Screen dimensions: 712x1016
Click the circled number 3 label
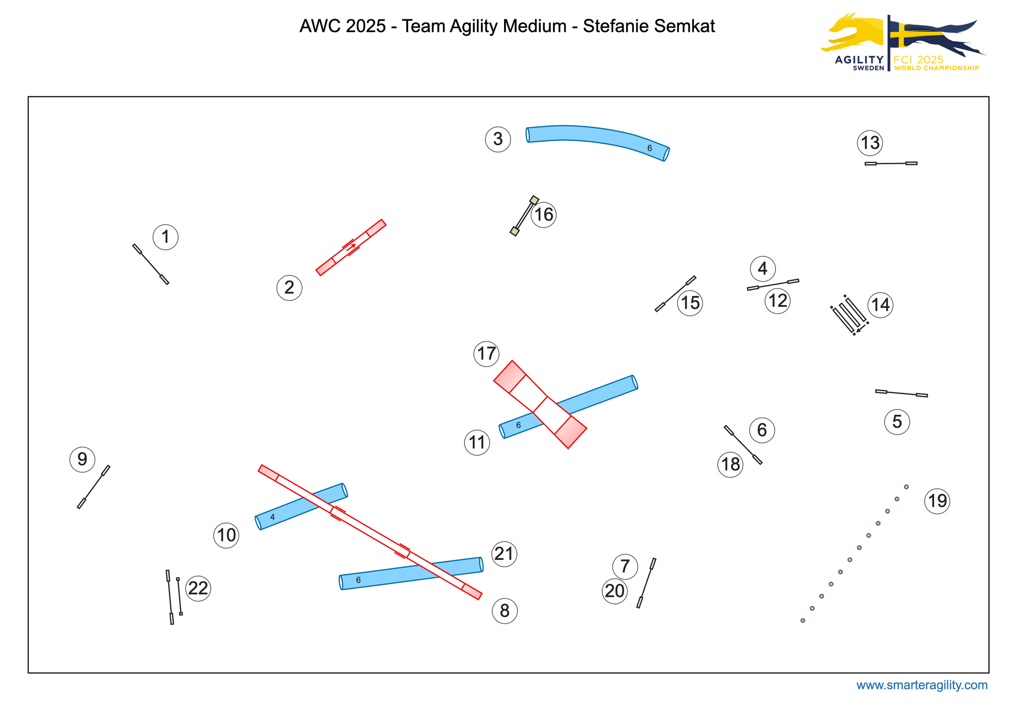click(x=498, y=139)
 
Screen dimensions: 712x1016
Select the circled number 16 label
click(x=544, y=215)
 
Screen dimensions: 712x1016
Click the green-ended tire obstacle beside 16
click(x=524, y=216)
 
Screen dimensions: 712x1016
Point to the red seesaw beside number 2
click(x=351, y=247)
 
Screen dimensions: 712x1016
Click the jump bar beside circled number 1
click(x=151, y=264)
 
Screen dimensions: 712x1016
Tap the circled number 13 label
click(x=870, y=143)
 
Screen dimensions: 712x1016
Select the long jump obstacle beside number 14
click(x=849, y=315)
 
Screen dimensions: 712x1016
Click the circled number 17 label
click(x=486, y=354)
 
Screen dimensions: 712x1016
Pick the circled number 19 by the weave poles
click(x=937, y=501)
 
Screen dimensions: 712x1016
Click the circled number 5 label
click(x=897, y=422)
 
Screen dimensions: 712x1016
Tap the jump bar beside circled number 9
click(x=93, y=487)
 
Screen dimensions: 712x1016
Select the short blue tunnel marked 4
click(x=301, y=507)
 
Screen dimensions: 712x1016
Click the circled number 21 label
click(x=504, y=553)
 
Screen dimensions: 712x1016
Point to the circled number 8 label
click(x=505, y=611)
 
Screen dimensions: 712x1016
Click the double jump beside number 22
click(x=174, y=596)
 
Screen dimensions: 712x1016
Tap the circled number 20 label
click(x=615, y=591)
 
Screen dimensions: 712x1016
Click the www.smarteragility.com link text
click(x=922, y=685)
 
